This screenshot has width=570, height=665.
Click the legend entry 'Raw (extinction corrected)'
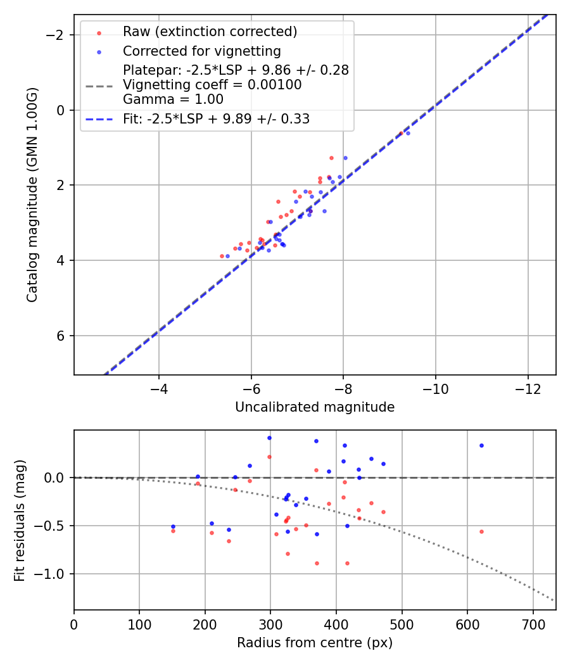point(210,32)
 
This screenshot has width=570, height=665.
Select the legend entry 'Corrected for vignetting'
point(201,51)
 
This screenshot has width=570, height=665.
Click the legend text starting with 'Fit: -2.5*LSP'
point(216,119)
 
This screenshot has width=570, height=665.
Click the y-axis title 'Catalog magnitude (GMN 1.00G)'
point(32,194)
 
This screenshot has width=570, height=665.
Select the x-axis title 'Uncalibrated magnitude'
point(315,407)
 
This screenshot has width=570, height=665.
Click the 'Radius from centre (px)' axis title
point(315,643)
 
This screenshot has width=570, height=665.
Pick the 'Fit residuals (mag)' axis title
point(20,520)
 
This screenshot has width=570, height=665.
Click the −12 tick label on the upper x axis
point(528,388)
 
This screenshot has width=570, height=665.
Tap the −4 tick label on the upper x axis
point(159,388)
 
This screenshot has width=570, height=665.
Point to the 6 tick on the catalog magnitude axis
point(61,336)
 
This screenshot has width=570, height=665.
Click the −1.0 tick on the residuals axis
point(53,574)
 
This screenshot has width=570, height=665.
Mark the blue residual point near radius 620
point(481,445)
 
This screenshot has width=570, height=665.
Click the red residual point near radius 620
point(481,531)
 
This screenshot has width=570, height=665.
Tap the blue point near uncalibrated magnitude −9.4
point(408,133)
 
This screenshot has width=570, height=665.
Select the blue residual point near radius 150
point(173,526)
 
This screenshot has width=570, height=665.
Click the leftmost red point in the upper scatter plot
point(222,256)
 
